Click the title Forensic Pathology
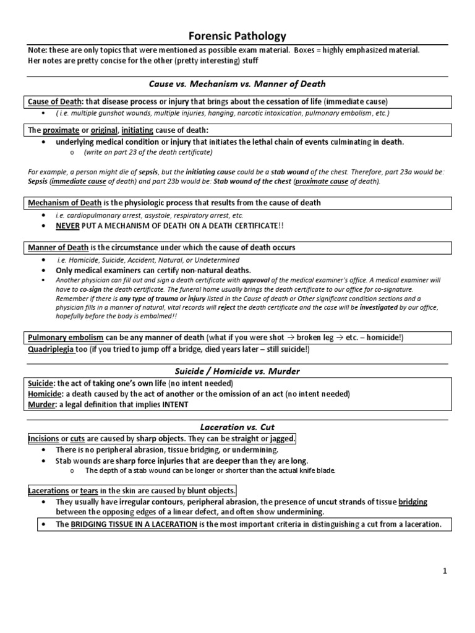[x=237, y=36]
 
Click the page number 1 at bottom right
[x=444, y=571]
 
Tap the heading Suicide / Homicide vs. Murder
[x=237, y=371]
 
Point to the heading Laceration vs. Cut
[x=237, y=427]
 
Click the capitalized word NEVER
[x=69, y=226]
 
